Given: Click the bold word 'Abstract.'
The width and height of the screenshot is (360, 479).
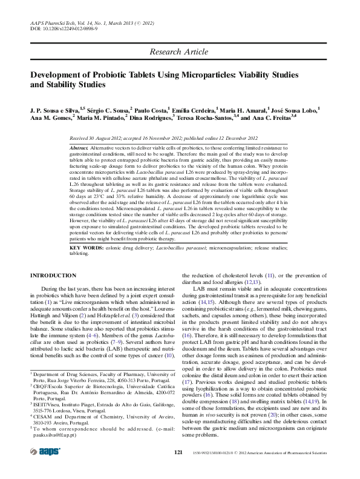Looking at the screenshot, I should pos(79,148).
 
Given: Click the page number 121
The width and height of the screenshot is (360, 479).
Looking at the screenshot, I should pos(178,452).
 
